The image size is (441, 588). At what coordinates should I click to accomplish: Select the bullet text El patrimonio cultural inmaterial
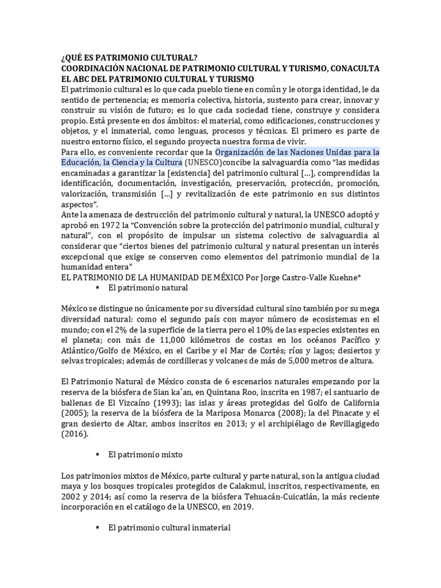pyautogui.click(x=169, y=528)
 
